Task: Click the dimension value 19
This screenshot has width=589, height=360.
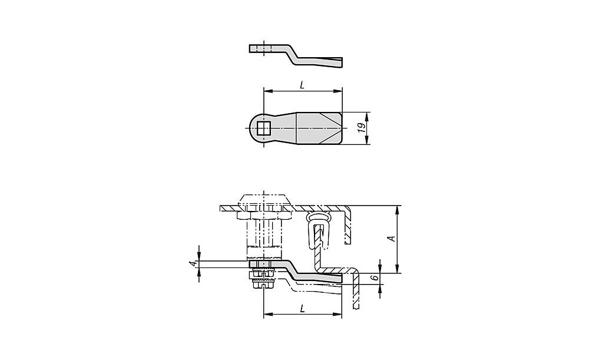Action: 362,127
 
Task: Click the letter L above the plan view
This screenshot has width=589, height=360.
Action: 302,85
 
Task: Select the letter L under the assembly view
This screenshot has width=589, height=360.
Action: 302,309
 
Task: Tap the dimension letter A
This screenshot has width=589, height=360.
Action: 392,239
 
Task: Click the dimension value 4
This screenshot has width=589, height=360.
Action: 193,263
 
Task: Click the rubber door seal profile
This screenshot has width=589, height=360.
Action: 318,230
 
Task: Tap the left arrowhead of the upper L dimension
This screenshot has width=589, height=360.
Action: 267,91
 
